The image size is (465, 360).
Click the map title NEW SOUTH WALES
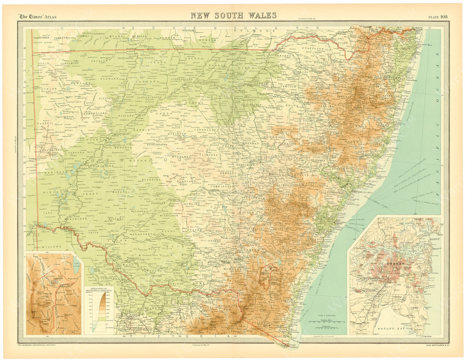(x=233, y=16)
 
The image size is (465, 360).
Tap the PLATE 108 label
(x=438, y=17)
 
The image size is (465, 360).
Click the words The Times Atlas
(x=37, y=17)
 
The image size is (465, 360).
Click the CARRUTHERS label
(x=36, y=37)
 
